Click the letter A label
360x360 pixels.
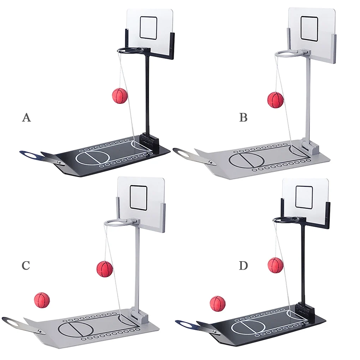26,117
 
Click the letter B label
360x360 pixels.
243,117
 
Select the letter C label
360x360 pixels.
25,265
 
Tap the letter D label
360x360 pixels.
243,265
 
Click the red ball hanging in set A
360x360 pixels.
120,96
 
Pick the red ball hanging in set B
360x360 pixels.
275,100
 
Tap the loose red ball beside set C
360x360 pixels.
42,300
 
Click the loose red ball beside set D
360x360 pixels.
217,303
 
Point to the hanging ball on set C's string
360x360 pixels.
104,269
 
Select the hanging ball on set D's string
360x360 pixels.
275,265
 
